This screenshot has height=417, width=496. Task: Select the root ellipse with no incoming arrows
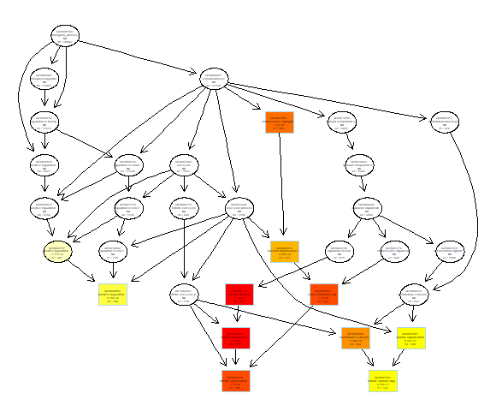64,36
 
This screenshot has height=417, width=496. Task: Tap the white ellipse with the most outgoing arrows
213,80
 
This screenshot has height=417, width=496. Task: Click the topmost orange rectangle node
279,122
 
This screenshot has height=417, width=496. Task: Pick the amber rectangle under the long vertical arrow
285,251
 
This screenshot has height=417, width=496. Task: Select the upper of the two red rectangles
239,295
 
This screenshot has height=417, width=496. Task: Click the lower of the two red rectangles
235,337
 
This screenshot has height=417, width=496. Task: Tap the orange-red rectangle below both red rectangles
235,381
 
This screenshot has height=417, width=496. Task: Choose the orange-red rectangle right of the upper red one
323,295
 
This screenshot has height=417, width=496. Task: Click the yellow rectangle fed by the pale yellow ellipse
112,295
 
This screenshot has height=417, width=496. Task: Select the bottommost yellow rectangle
382,381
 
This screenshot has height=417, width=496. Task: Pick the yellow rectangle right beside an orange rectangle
410,337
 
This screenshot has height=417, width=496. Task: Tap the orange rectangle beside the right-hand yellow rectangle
354,337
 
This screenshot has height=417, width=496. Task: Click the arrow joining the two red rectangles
238,316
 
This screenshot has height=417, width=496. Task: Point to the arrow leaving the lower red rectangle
235,360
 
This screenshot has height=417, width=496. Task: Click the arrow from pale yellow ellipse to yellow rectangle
84,272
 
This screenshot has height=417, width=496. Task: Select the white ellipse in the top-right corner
444,122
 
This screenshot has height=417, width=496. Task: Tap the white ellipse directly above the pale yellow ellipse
44,207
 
